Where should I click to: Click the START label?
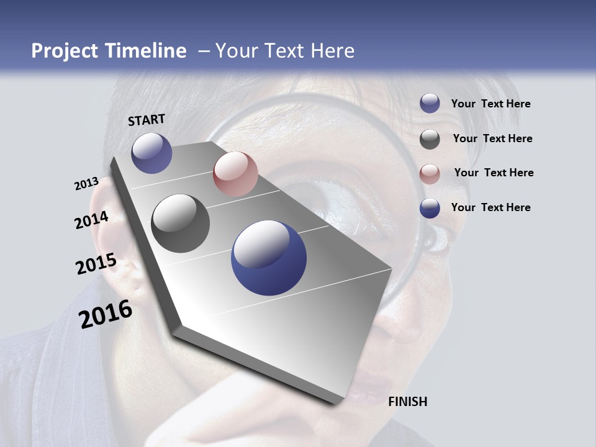[x=147, y=120]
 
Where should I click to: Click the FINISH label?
[x=407, y=402]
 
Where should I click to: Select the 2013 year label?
[x=86, y=184]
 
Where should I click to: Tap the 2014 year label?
[x=91, y=220]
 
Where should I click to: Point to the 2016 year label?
[x=106, y=314]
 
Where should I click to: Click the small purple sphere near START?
[x=151, y=153]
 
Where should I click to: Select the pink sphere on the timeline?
[x=235, y=174]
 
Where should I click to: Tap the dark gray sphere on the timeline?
[x=180, y=223]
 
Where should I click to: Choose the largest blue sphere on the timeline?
[x=269, y=258]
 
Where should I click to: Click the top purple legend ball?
[x=430, y=104]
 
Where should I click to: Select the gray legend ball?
[x=430, y=139]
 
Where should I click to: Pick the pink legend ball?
[x=430, y=174]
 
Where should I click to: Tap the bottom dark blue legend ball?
[x=430, y=208]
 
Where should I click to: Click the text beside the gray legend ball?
[x=492, y=138]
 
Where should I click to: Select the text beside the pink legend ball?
[x=494, y=173]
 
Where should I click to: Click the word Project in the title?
[x=65, y=51]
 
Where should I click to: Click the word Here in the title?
[x=332, y=51]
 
